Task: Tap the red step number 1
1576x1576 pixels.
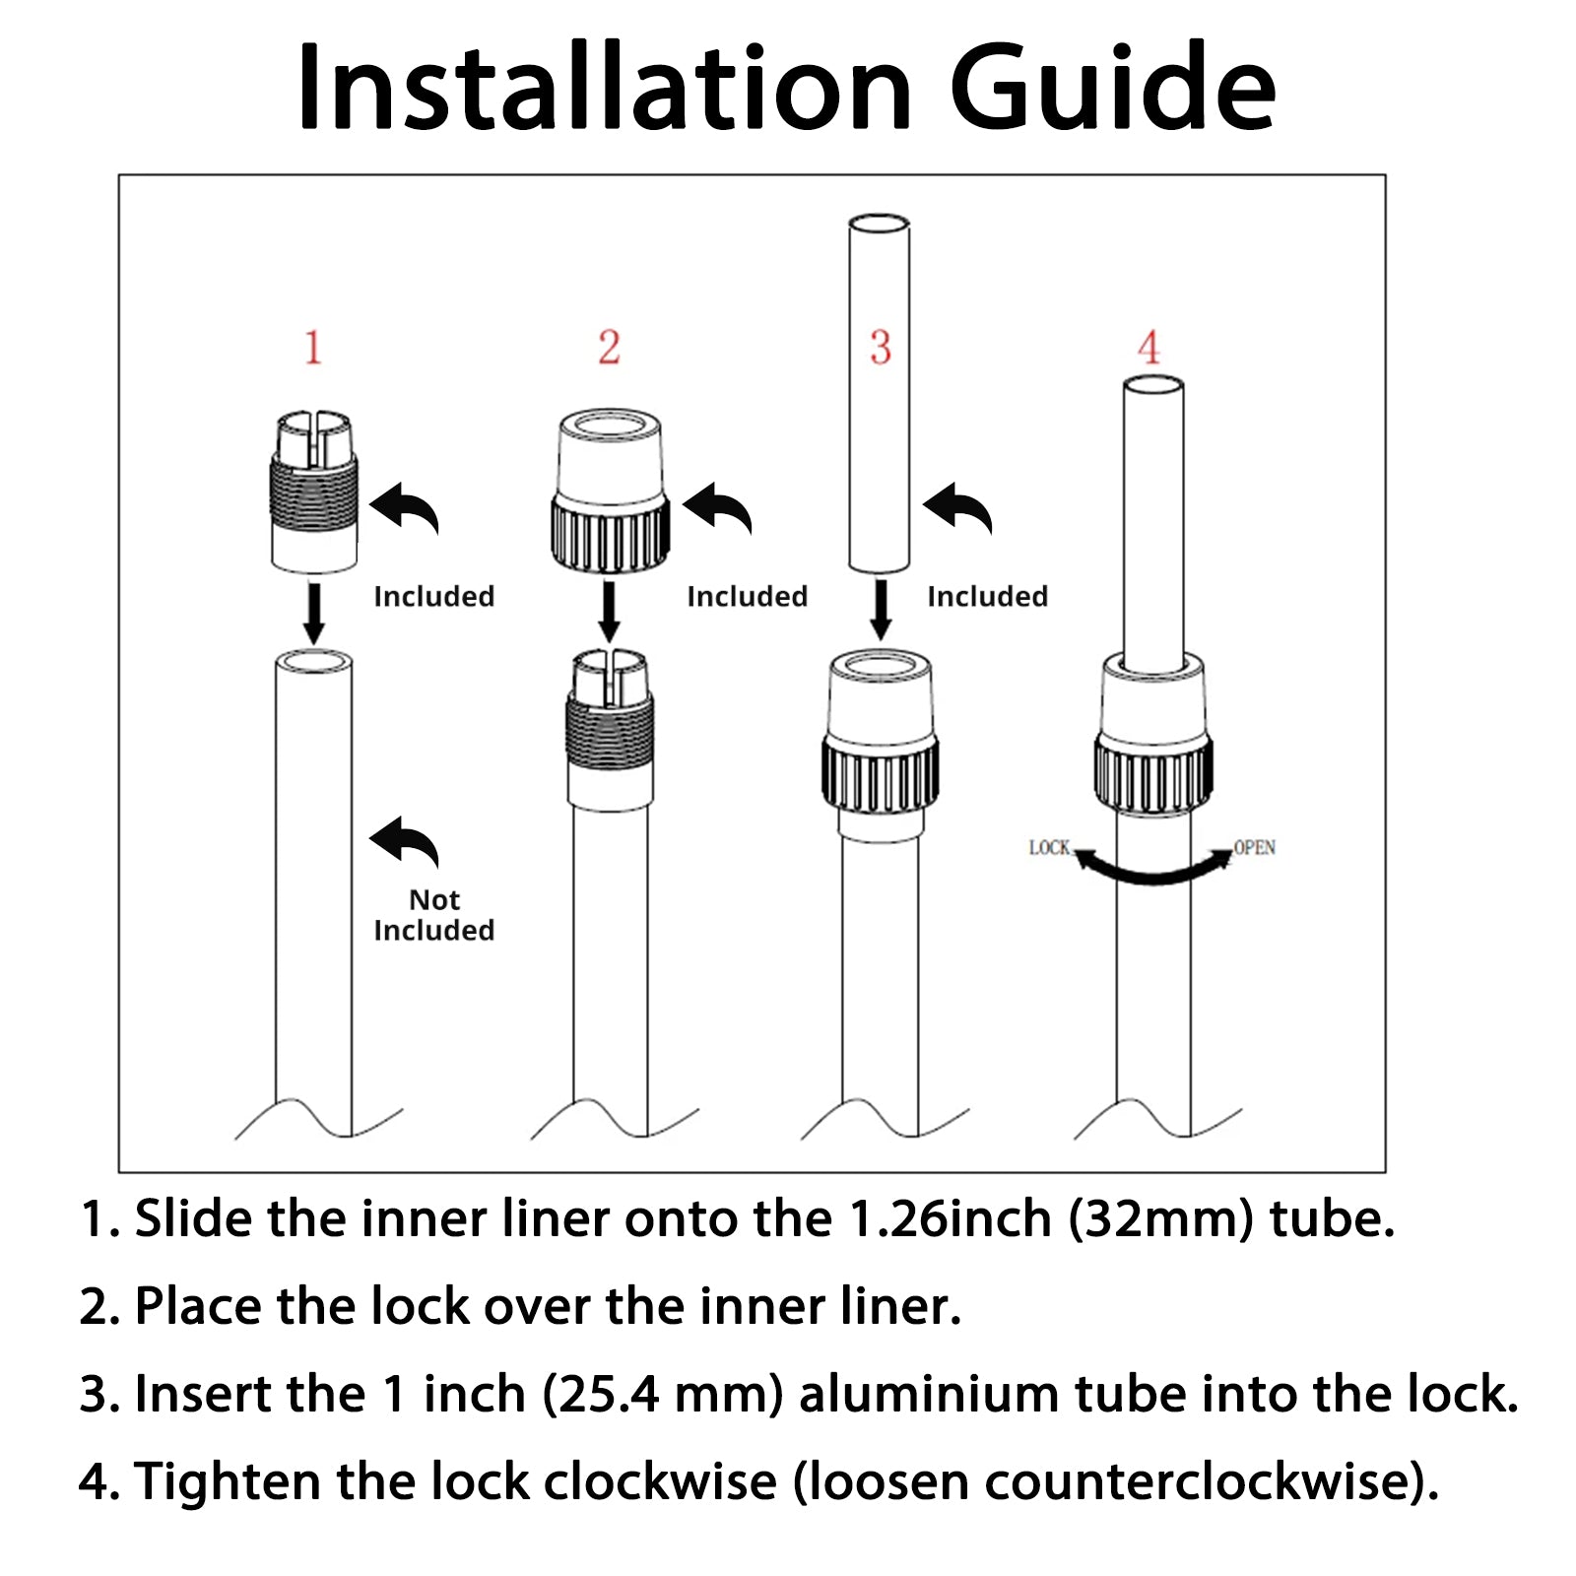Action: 313,348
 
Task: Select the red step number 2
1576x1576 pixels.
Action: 610,348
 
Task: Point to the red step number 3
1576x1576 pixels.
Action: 881,348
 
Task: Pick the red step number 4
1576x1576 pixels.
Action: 1149,348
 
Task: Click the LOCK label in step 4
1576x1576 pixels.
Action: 1049,848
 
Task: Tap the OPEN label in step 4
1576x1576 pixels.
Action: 1255,848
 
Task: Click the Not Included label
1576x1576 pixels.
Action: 434,915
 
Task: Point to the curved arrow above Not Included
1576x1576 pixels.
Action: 406,840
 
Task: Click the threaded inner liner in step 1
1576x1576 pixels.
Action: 313,492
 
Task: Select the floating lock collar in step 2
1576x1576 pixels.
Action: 610,491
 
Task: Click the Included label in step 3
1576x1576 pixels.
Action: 988,597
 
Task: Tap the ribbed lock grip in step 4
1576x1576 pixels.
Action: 1152,775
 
